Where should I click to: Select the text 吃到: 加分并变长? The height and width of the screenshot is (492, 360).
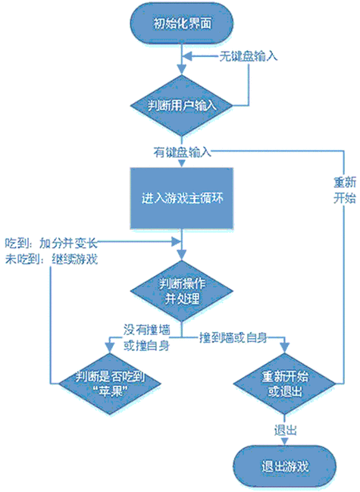50,244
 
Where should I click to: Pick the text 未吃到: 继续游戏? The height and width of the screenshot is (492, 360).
50,259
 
